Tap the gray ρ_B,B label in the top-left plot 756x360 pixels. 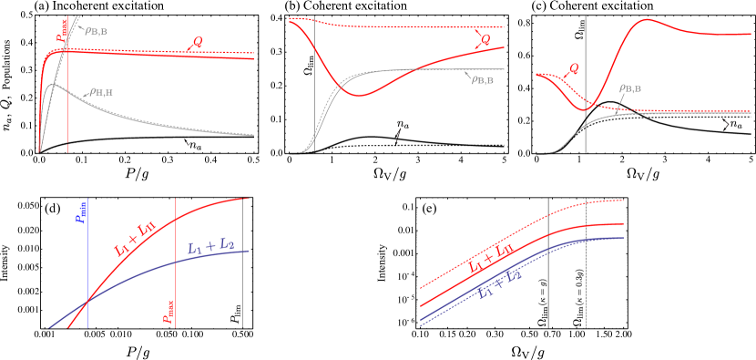coord(97,31)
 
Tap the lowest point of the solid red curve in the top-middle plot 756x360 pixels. coord(362,95)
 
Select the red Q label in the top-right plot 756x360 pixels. coord(572,68)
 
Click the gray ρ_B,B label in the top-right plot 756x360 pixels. coord(630,89)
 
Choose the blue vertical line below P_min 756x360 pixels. coord(88,273)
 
